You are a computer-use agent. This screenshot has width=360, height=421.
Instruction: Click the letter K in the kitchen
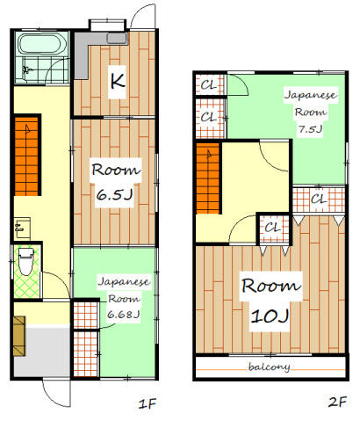click(114, 83)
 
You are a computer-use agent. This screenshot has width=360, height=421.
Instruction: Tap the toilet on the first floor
click(26, 261)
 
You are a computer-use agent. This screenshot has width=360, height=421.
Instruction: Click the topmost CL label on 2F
click(209, 86)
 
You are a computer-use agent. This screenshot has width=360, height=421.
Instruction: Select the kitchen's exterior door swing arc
click(140, 18)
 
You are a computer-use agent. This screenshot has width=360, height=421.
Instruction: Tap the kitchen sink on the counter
click(116, 37)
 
